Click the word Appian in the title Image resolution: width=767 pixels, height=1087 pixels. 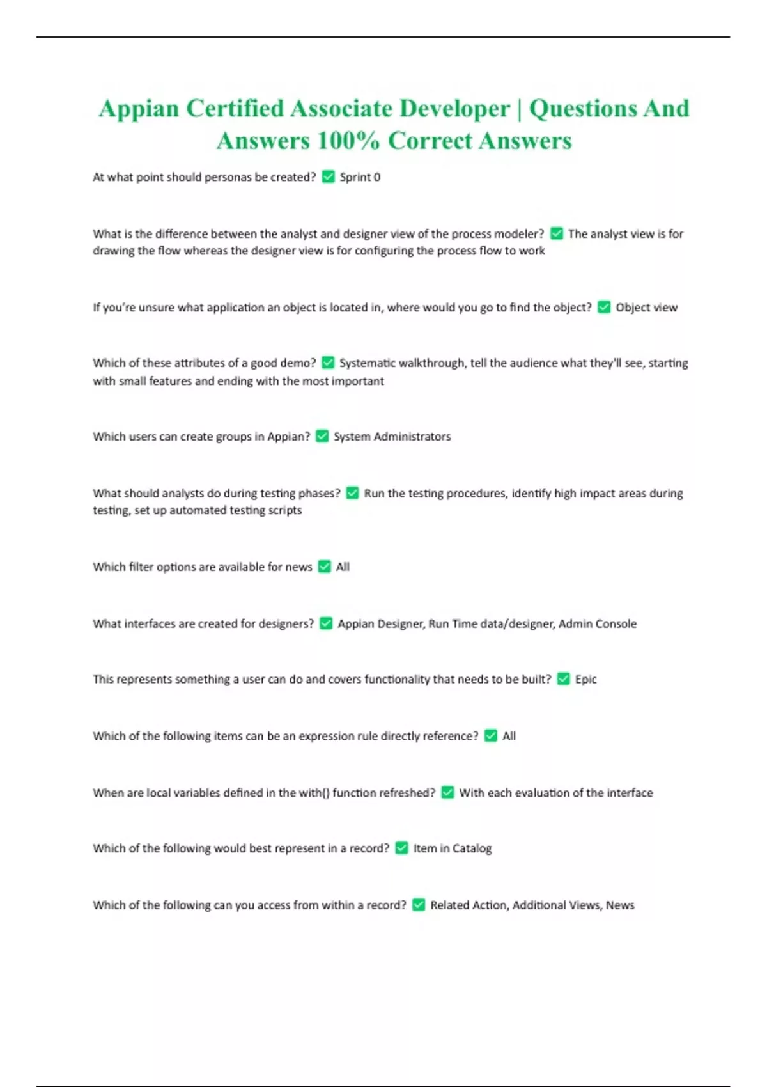pyautogui.click(x=139, y=109)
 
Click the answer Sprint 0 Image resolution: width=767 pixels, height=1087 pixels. pyautogui.click(x=360, y=177)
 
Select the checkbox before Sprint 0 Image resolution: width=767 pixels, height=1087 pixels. pyautogui.click(x=329, y=177)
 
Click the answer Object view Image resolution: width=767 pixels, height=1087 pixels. pyautogui.click(x=646, y=308)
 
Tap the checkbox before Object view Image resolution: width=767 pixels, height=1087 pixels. pyautogui.click(x=604, y=308)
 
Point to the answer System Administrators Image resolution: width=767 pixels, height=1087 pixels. pyautogui.click(x=392, y=437)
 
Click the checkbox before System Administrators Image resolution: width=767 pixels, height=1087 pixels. pyautogui.click(x=323, y=437)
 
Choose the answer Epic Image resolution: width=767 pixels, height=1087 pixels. pyautogui.click(x=585, y=680)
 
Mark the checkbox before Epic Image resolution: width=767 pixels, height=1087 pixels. pyautogui.click(x=563, y=680)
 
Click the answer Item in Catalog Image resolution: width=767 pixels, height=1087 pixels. pyautogui.click(x=453, y=848)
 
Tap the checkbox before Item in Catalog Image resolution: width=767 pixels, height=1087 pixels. pyautogui.click(x=402, y=848)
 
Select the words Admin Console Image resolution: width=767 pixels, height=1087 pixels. pyautogui.click(x=598, y=623)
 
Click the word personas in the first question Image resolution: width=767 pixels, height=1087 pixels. pyautogui.click(x=228, y=177)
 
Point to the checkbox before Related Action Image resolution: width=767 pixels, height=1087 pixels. pyautogui.click(x=419, y=905)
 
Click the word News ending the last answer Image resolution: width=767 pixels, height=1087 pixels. pyautogui.click(x=620, y=905)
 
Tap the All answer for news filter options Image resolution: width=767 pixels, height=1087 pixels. pyautogui.click(x=343, y=567)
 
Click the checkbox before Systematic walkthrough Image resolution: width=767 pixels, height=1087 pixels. pyautogui.click(x=328, y=363)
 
